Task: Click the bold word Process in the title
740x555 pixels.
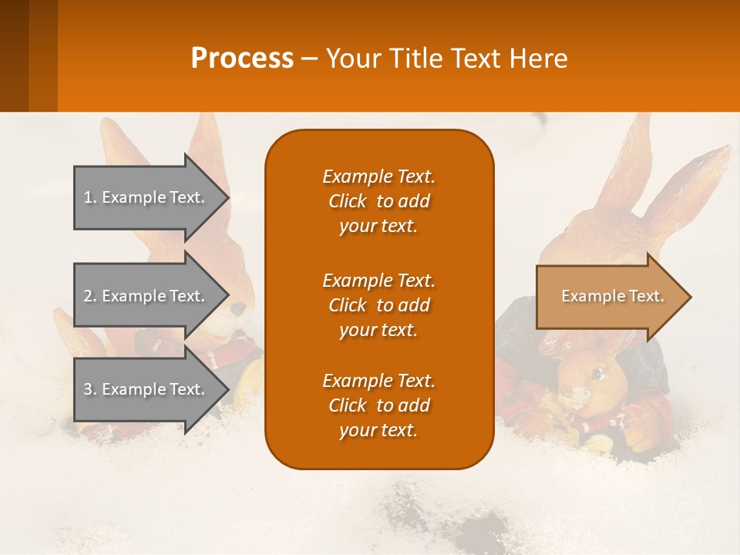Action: tap(242, 59)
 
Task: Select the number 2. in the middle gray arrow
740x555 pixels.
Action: tap(90, 296)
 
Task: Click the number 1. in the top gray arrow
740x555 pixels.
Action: tap(90, 197)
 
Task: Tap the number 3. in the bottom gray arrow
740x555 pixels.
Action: tap(90, 389)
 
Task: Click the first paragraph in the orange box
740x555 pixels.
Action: tap(378, 201)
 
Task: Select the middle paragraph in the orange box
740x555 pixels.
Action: tap(378, 305)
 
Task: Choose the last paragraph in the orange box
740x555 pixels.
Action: tap(378, 405)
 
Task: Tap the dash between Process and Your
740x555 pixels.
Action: tap(309, 59)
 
